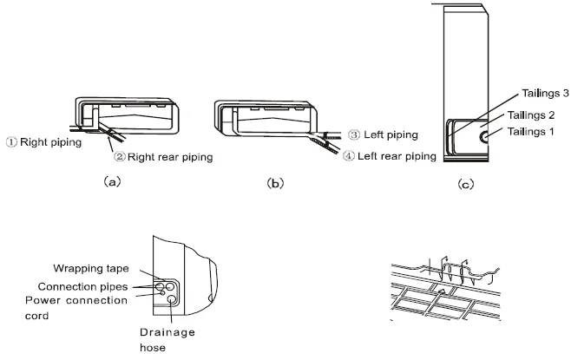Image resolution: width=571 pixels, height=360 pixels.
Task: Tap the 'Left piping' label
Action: [389, 135]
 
